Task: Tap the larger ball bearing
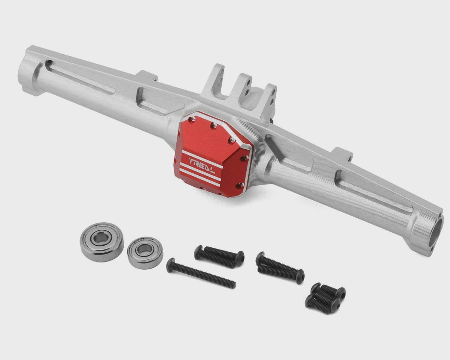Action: click(102, 241)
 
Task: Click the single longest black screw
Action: click(201, 273)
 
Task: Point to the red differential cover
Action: click(213, 155)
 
